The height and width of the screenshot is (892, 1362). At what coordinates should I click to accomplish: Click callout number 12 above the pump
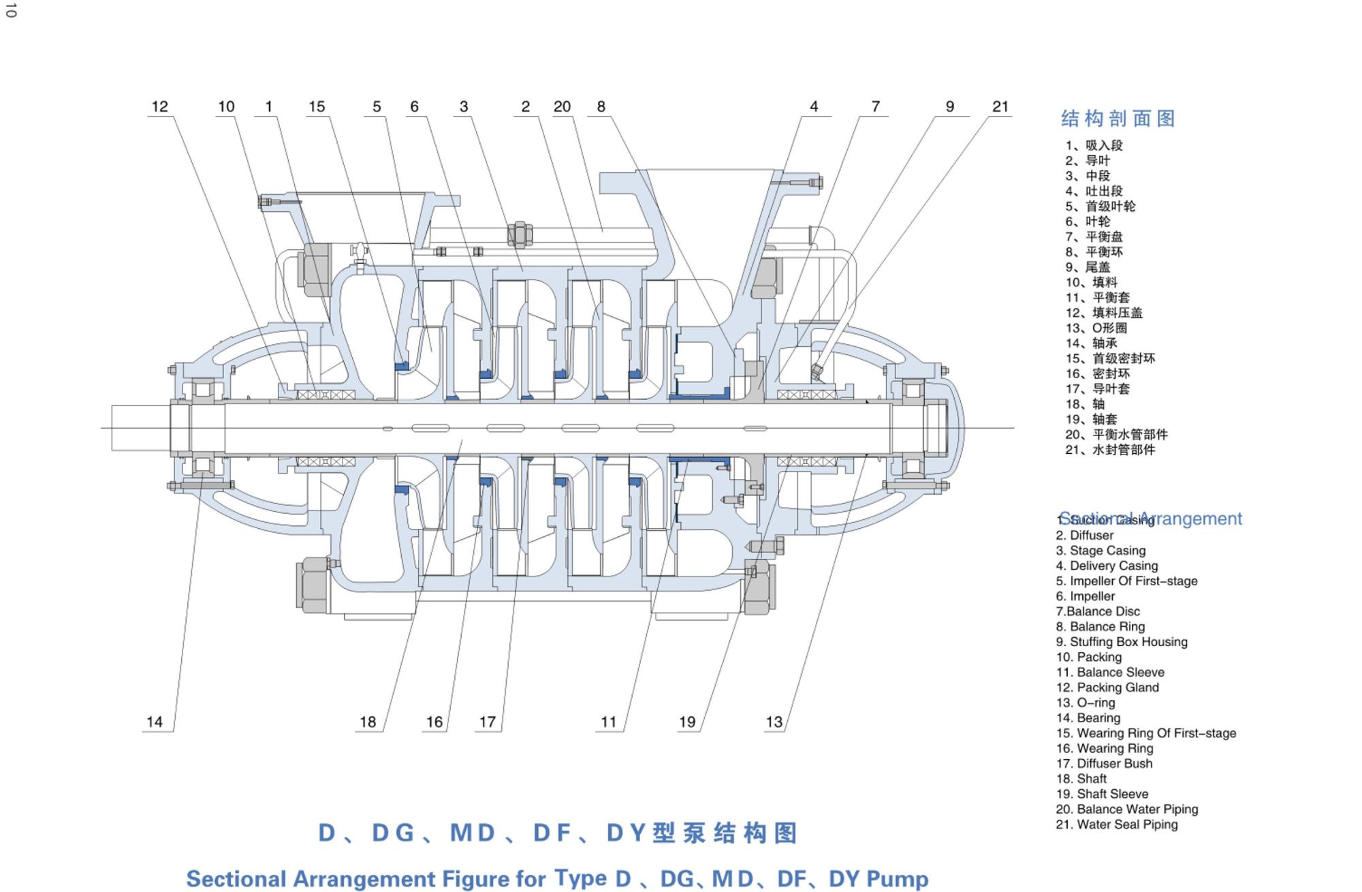pos(159,106)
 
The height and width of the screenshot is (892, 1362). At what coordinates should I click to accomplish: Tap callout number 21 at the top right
pos(1000,106)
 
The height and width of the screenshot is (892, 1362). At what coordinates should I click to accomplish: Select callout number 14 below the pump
pos(155,722)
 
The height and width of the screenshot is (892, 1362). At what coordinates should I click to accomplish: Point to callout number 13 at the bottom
pos(774,722)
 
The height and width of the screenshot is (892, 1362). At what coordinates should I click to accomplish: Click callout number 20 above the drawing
pos(562,106)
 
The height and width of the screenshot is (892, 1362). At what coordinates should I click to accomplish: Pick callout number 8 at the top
pos(601,106)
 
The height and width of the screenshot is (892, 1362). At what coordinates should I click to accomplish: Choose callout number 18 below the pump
pos(368,722)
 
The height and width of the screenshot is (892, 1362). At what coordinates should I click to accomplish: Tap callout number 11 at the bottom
pos(608,722)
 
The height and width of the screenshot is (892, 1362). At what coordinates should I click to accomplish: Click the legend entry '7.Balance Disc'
pos(1097,611)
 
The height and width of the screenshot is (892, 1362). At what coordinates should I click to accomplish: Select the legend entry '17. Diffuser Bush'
pos(1104,763)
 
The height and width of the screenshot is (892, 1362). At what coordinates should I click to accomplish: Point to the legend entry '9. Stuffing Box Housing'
pos(1121,642)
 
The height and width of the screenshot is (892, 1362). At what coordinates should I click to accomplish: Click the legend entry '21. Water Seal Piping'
pos(1116,825)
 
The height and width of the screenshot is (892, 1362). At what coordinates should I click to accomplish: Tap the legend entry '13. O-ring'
pos(1086,703)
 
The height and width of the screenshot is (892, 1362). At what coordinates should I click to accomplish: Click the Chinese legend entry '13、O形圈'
pos(1096,328)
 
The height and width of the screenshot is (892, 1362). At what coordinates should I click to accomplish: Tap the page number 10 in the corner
pos(10,10)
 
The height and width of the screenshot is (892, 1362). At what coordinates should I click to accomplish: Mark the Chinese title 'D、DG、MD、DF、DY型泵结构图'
pos(558,833)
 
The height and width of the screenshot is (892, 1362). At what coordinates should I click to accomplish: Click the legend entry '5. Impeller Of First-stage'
pos(1126,581)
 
